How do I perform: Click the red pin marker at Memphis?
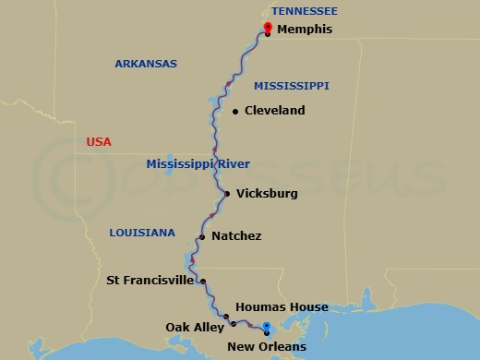[267, 28]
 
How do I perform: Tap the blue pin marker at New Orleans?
[266, 327]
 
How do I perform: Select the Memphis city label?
[306, 30]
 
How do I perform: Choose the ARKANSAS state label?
[145, 64]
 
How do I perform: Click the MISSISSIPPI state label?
[292, 86]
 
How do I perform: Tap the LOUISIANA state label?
[141, 233]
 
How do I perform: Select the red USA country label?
[99, 142]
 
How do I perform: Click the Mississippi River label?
[198, 164]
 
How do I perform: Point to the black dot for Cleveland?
[235, 112]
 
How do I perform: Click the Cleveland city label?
[275, 111]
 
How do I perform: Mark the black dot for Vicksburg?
[227, 194]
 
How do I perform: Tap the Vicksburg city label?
[267, 194]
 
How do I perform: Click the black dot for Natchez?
[201, 237]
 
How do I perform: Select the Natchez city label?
[236, 236]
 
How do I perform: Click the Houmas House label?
[282, 307]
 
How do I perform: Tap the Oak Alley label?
[191, 327]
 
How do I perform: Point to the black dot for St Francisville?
[203, 282]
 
